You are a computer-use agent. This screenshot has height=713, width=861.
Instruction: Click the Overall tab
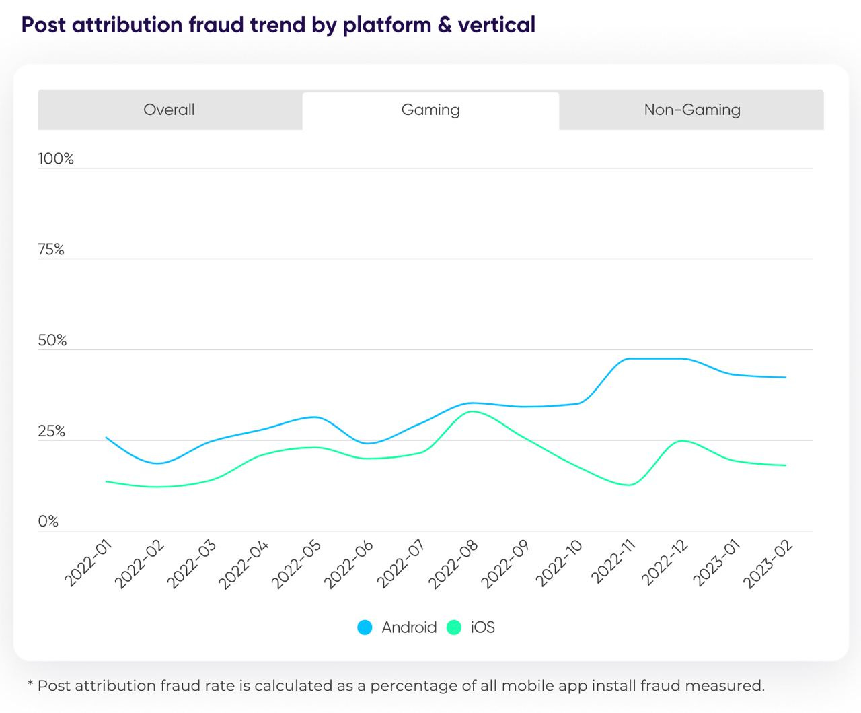[x=169, y=110]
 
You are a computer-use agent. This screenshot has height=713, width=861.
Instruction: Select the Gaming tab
[x=430, y=110]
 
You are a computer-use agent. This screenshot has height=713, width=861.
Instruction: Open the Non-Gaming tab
[x=692, y=110]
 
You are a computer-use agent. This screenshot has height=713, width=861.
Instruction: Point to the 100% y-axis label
[x=56, y=159]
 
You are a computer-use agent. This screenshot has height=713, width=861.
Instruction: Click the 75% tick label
[x=51, y=250]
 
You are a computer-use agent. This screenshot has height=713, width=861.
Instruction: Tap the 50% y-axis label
[x=52, y=341]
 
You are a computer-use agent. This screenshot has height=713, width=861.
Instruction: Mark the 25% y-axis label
[x=51, y=432]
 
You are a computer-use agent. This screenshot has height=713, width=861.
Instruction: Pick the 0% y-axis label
[x=48, y=522]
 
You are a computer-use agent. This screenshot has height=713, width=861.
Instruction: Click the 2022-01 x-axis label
[x=89, y=564]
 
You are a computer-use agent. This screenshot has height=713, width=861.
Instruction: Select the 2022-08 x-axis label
[x=453, y=564]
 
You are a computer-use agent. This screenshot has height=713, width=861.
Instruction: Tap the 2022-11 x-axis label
[x=613, y=562]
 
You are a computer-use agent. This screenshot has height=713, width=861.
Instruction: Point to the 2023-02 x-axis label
[x=769, y=564]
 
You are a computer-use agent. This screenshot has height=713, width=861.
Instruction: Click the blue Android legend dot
[x=365, y=627]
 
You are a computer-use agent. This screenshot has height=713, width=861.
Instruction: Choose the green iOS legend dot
[x=454, y=627]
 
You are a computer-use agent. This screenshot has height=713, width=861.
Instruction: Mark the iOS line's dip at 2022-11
[x=629, y=485]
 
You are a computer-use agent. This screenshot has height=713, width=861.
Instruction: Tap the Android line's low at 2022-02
[x=158, y=463]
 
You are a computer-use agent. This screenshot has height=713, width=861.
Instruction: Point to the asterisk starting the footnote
[x=30, y=685]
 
